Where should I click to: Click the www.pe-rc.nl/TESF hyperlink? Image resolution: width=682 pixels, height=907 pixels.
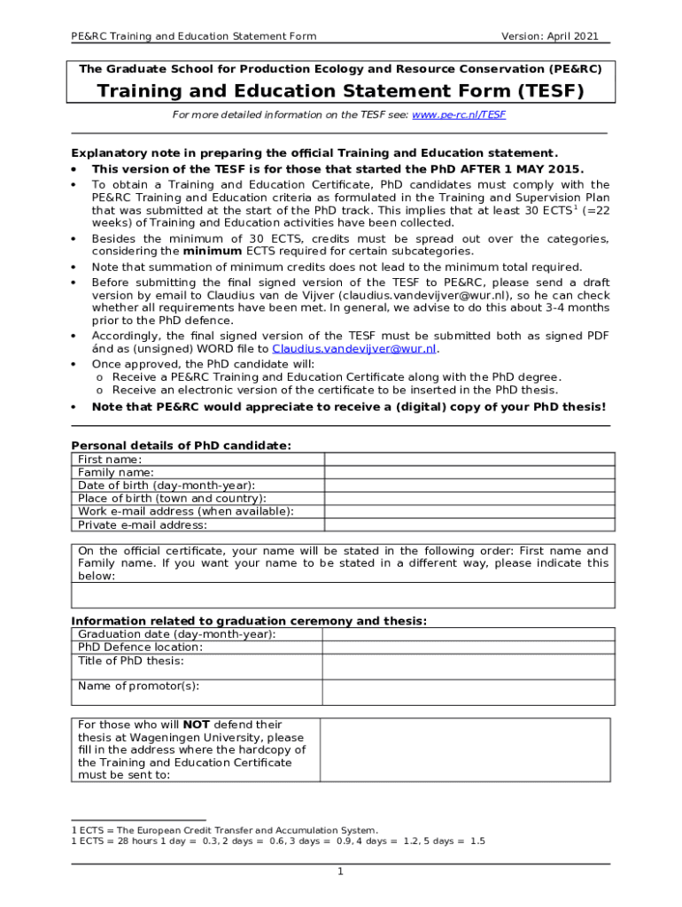[x=459, y=115]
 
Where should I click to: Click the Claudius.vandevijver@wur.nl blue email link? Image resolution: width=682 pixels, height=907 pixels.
[x=354, y=349]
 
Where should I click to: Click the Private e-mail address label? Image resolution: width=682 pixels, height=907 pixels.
[x=143, y=524]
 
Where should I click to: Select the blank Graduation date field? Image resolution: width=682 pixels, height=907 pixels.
[x=468, y=634]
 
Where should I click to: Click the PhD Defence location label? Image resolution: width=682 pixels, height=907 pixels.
[x=140, y=647]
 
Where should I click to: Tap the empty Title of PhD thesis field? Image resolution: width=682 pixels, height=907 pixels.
[x=468, y=666]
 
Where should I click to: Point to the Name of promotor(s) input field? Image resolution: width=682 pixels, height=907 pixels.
[x=468, y=692]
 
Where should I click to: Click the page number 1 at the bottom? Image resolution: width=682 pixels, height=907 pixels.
[x=340, y=872]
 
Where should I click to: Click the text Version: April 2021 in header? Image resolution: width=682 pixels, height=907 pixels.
[x=549, y=36]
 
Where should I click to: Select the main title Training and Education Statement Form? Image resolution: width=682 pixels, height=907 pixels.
[x=340, y=91]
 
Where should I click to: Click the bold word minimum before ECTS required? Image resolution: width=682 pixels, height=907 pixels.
[x=212, y=251]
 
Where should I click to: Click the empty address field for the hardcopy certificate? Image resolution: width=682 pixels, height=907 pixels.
[x=464, y=749]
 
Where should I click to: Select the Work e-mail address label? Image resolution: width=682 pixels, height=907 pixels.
[x=186, y=511]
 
